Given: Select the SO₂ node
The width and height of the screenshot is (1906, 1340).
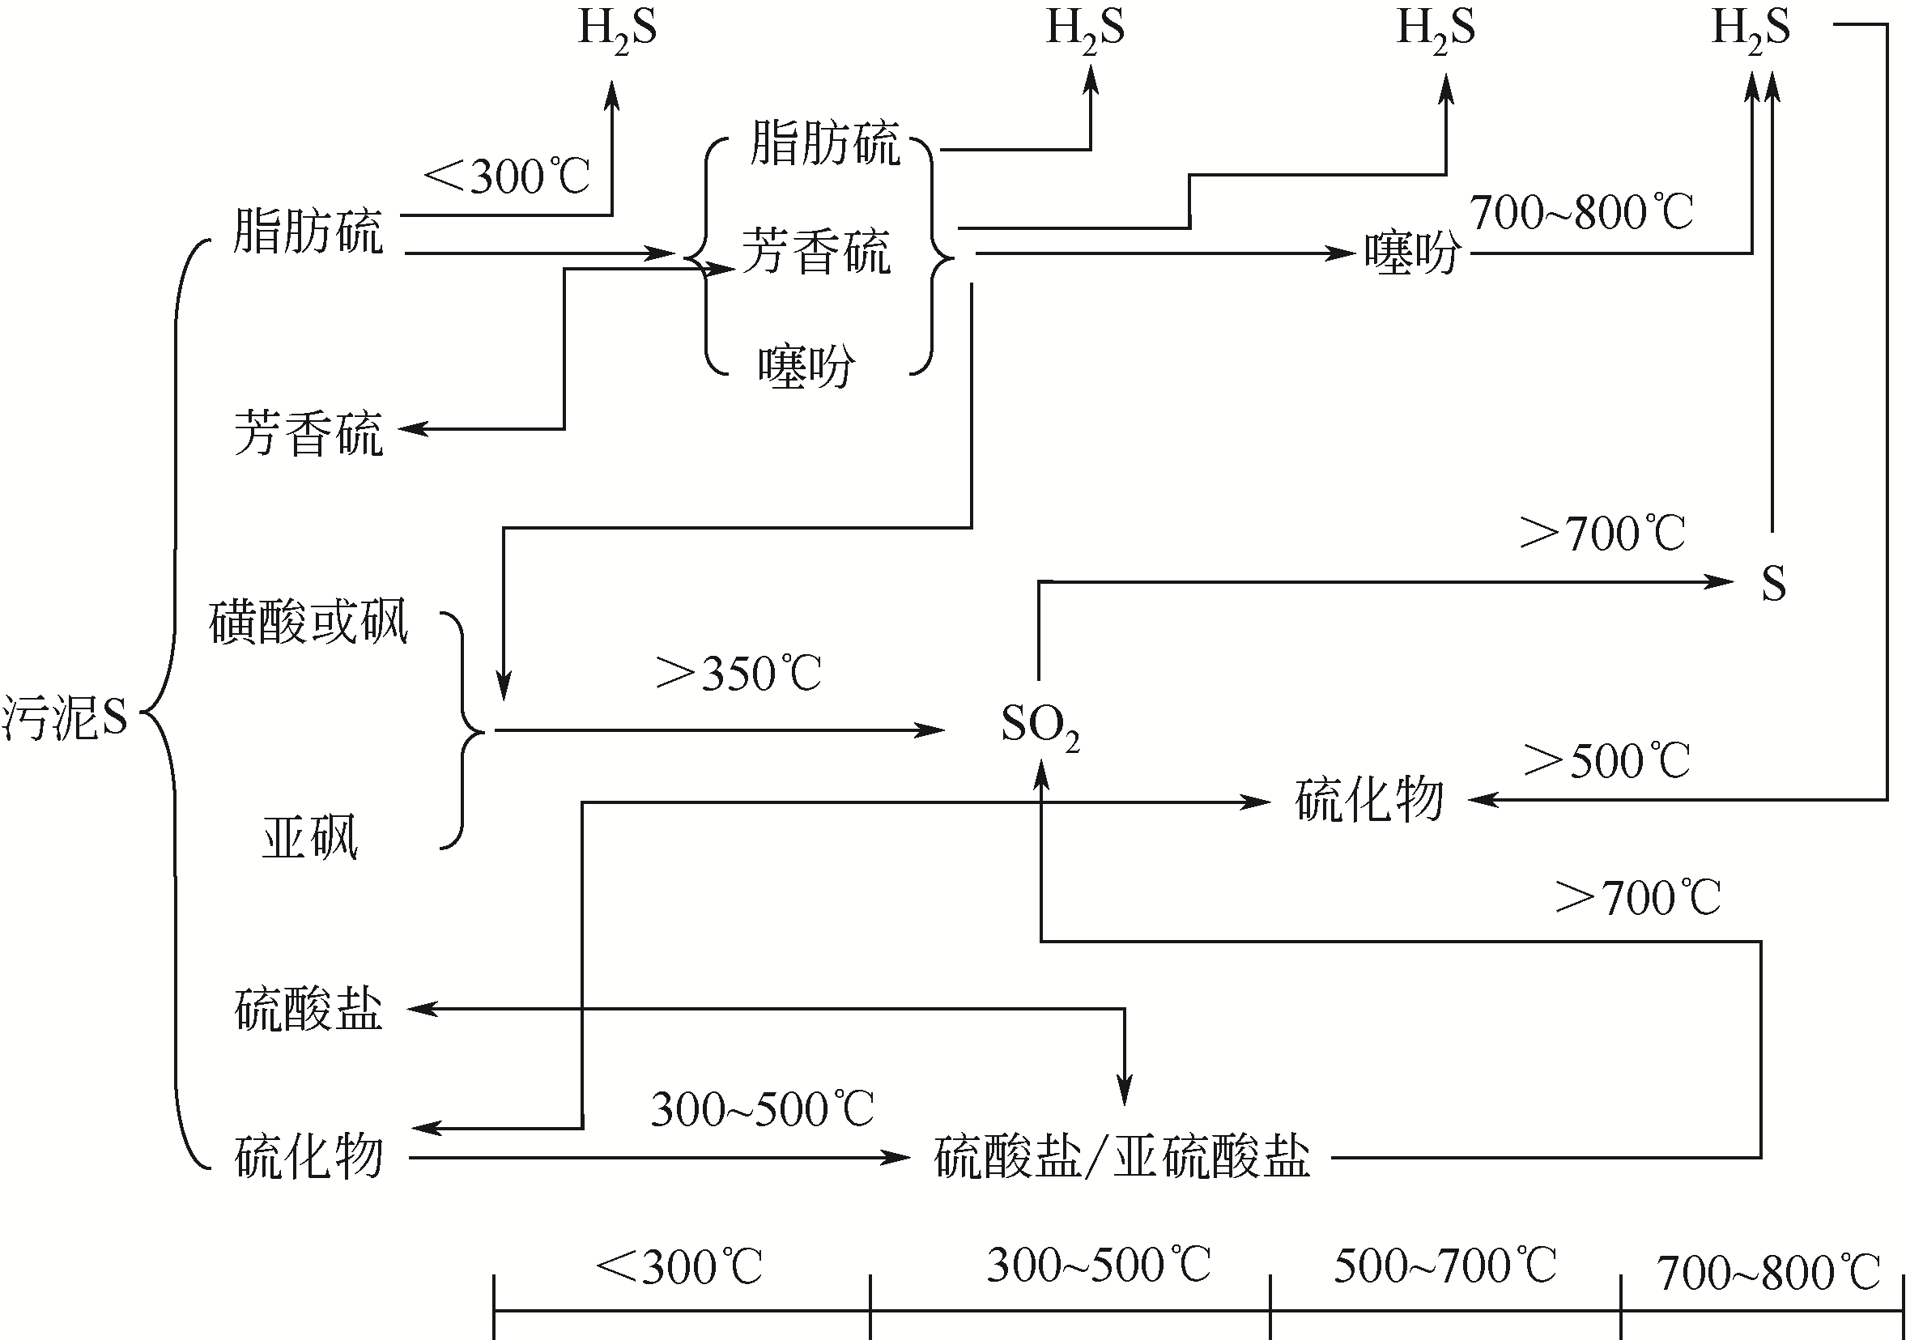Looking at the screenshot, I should click(1040, 725).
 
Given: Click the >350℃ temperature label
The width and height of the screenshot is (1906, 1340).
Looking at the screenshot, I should click(738, 674).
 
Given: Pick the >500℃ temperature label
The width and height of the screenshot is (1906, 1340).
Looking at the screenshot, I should click(1606, 760).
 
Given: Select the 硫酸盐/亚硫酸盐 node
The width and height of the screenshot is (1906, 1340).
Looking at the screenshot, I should click(1121, 1156).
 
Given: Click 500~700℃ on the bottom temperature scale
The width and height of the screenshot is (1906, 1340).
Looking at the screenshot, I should click(1444, 1266).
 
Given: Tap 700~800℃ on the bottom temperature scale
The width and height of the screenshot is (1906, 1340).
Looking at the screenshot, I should click(1768, 1273).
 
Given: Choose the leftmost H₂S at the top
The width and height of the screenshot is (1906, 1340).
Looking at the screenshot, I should click(617, 29).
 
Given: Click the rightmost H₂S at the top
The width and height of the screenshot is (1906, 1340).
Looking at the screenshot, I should click(1751, 29).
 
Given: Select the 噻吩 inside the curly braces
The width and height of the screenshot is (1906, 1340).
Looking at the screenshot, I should click(806, 366).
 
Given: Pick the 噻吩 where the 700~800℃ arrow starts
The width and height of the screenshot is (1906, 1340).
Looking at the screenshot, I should click(1412, 253).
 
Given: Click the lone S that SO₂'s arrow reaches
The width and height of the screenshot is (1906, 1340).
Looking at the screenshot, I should click(1773, 583).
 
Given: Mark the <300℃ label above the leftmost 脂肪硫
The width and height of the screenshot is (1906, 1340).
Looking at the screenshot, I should click(506, 177).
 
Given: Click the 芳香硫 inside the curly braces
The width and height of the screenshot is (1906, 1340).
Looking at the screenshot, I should click(816, 252).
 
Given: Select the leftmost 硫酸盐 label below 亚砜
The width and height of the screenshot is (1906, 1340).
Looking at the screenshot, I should click(308, 1010).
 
